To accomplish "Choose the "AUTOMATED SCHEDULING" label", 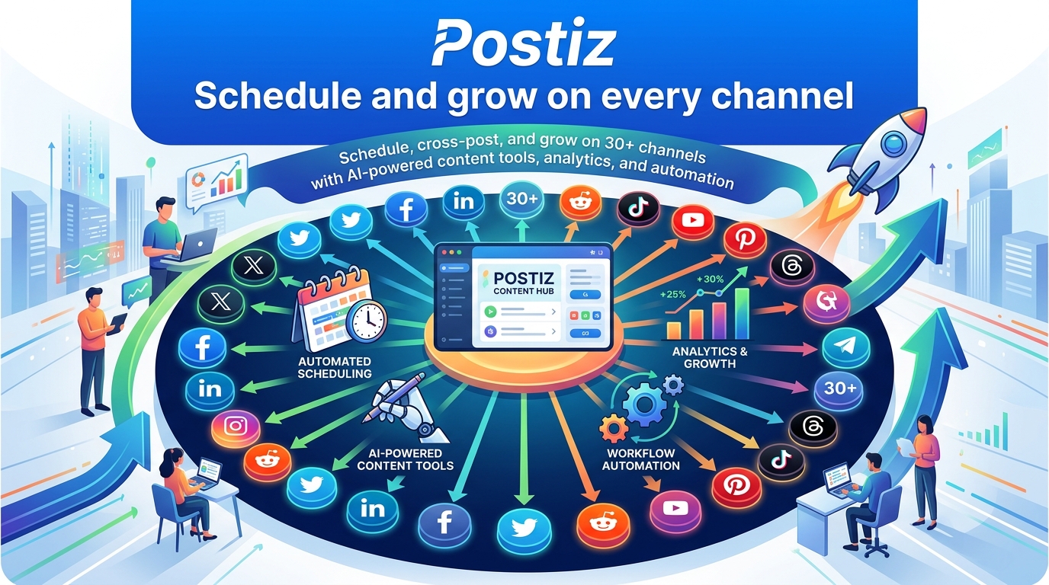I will [x=335, y=367].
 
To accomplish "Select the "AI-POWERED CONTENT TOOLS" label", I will [x=405, y=459].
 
